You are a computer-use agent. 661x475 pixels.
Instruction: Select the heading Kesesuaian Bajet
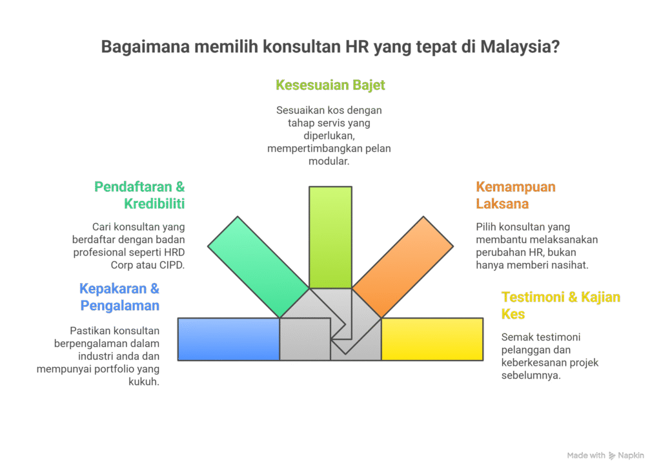(330, 85)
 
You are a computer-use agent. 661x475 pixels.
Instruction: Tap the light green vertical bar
(330, 236)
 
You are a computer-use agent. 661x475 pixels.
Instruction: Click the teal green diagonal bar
(258, 265)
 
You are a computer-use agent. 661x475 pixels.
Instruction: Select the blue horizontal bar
(229, 339)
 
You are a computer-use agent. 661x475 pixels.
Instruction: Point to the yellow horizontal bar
(432, 339)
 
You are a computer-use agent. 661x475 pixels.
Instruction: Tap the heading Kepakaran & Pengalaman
(120, 297)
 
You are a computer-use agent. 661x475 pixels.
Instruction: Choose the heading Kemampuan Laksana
(515, 195)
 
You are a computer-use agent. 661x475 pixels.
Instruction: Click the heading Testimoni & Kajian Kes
(560, 305)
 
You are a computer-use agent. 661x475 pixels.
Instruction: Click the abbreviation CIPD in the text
(169, 265)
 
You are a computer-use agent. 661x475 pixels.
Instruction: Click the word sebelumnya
(531, 375)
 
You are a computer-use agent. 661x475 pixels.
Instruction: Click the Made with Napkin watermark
(605, 456)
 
